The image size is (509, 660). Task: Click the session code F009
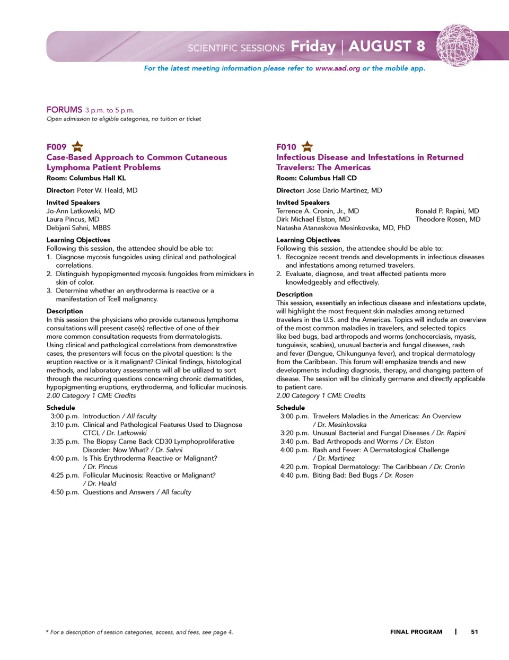click(x=56, y=147)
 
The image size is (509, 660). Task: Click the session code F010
click(x=286, y=147)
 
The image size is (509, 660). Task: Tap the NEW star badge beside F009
click(x=77, y=146)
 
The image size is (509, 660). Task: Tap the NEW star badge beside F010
click(x=307, y=146)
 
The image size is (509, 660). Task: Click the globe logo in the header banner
click(x=457, y=45)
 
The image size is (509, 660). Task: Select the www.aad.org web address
click(x=337, y=68)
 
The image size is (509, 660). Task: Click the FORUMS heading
click(x=64, y=110)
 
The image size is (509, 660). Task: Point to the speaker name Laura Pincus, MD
click(x=73, y=219)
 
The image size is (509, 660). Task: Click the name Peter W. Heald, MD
click(x=107, y=190)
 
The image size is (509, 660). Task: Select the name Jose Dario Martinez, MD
click(x=344, y=190)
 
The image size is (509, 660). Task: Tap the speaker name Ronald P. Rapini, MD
click(x=447, y=210)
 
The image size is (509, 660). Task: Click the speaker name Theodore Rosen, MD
click(x=447, y=219)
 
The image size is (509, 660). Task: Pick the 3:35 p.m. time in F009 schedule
click(x=65, y=441)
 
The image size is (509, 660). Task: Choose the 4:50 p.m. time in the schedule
click(x=65, y=492)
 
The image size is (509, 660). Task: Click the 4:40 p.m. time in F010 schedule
click(x=294, y=475)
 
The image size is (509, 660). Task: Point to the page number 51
click(x=475, y=631)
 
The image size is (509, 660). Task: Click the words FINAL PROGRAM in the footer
click(x=416, y=631)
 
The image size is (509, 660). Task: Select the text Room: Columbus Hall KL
click(x=86, y=178)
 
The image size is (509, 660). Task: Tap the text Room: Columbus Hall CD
click(x=316, y=178)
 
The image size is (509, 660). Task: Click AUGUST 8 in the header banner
click(x=387, y=47)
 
